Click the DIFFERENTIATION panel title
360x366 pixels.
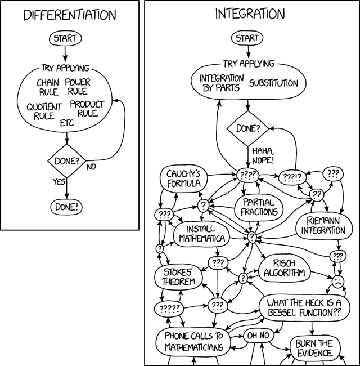(x=70, y=15)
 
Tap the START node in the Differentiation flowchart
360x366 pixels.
(x=66, y=39)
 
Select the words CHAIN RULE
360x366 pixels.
(x=48, y=87)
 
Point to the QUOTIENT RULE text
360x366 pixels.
(x=43, y=111)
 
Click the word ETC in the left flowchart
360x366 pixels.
(x=67, y=123)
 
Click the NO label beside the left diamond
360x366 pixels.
(x=92, y=167)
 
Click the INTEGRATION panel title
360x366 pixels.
(x=250, y=14)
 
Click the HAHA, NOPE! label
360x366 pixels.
(x=263, y=155)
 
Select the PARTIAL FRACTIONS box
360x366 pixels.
(x=259, y=207)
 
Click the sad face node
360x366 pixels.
(x=337, y=280)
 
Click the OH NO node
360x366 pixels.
(x=259, y=336)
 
